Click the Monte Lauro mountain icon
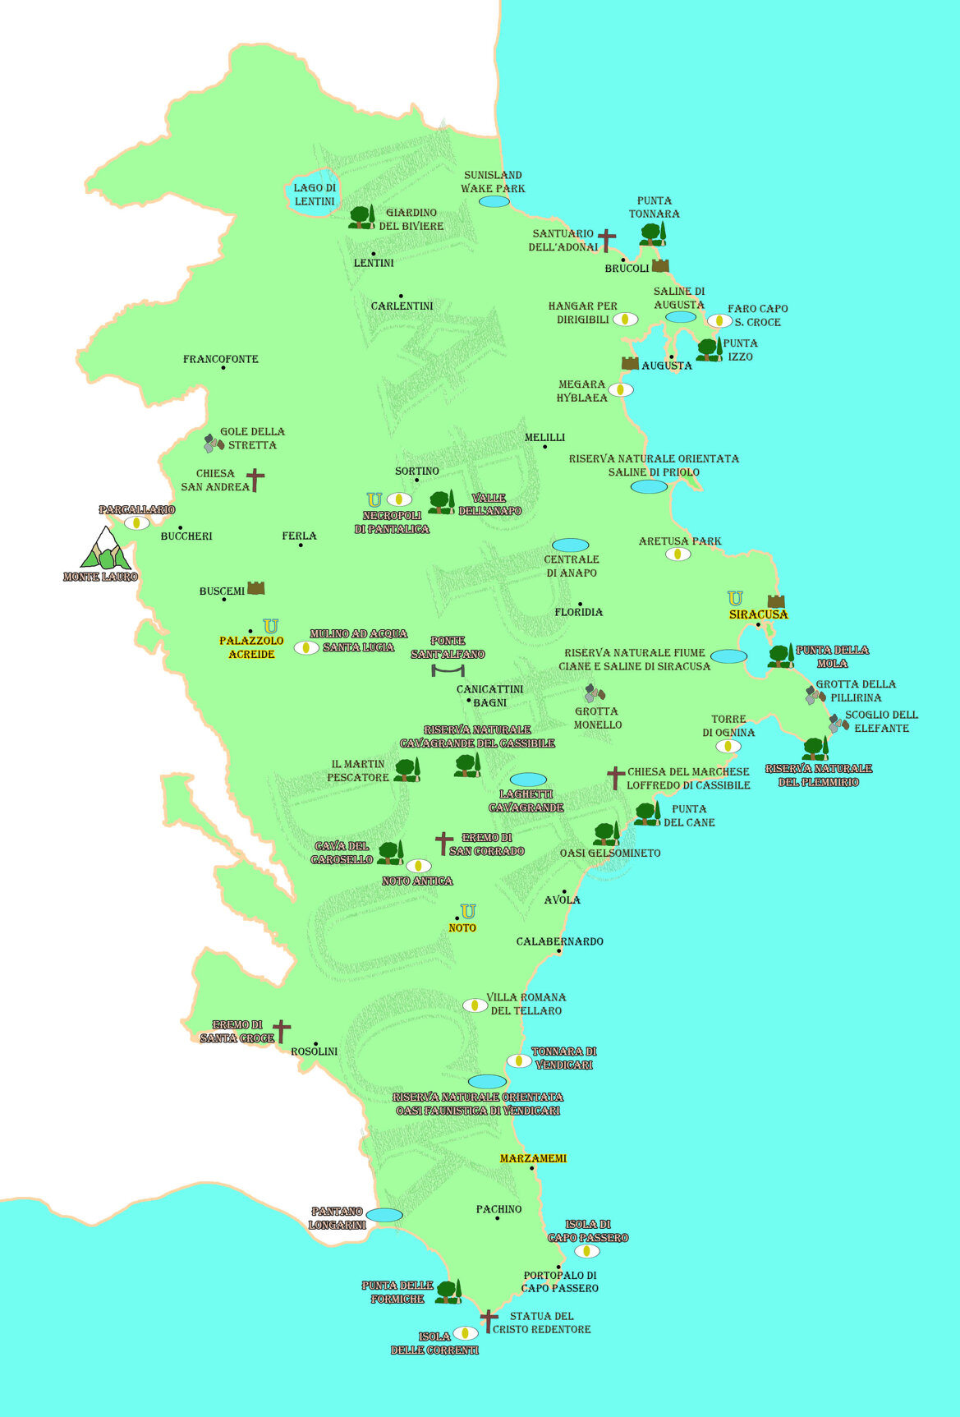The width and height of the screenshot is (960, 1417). (x=104, y=549)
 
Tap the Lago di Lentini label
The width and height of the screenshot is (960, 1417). (x=315, y=195)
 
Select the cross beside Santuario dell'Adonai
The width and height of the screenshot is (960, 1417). (x=606, y=240)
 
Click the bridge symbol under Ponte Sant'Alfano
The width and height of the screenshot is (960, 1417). (x=448, y=670)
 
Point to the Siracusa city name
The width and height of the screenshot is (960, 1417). (x=758, y=614)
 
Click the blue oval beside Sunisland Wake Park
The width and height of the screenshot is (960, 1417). (x=494, y=201)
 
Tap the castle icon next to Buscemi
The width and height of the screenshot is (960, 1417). (x=256, y=588)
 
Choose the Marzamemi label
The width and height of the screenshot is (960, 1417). (x=533, y=1158)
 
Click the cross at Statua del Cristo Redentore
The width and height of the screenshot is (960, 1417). (x=489, y=1322)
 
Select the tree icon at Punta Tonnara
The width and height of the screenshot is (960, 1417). (x=653, y=234)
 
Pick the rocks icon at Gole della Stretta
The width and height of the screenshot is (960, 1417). (x=214, y=444)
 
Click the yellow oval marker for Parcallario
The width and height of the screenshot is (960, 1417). (x=137, y=522)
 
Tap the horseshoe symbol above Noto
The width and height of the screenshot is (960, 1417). (x=468, y=911)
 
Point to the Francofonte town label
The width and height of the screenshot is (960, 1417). (x=220, y=359)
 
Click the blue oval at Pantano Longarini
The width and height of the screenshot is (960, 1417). (x=384, y=1215)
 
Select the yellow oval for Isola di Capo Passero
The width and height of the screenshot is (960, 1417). (x=586, y=1251)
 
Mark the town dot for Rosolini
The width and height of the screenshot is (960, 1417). (x=315, y=1044)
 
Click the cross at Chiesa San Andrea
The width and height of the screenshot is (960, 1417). (x=255, y=480)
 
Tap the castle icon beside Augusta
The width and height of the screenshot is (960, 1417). (x=630, y=363)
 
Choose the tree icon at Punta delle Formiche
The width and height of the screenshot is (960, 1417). (x=448, y=1291)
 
